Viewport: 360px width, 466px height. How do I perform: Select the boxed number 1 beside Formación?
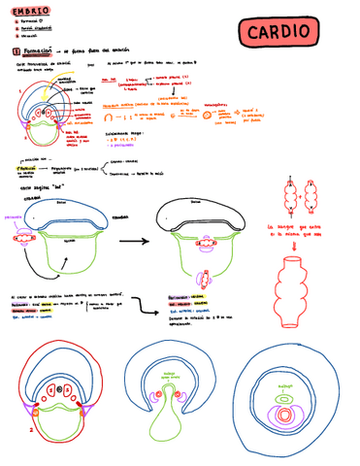(x=16, y=50)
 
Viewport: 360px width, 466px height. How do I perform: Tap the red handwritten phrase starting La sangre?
(x=301, y=234)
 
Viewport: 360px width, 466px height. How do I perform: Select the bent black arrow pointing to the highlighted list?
(x=147, y=304)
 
